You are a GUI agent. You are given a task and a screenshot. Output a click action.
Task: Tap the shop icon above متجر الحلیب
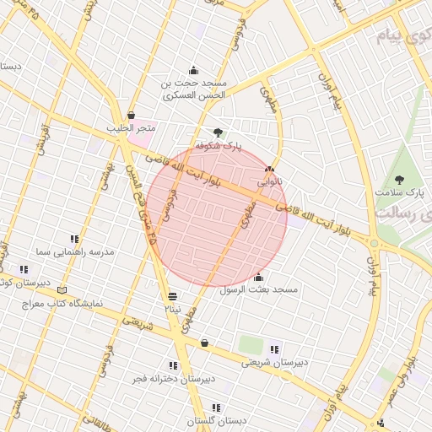click(x=131, y=116)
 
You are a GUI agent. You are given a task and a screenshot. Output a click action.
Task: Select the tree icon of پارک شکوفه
click(x=219, y=132)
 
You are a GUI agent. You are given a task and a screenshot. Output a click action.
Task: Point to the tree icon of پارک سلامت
click(x=399, y=179)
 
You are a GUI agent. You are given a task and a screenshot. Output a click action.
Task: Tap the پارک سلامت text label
click(x=399, y=193)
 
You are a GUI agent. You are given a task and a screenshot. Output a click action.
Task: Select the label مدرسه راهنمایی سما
click(x=75, y=251)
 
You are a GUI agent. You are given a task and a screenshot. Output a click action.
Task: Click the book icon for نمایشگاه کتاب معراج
click(x=61, y=290)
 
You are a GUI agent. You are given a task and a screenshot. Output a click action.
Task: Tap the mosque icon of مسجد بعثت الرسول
click(x=259, y=277)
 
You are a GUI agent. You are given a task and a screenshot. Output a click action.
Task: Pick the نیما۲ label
click(x=173, y=310)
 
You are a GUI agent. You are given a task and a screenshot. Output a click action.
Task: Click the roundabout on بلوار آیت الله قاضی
click(x=374, y=244)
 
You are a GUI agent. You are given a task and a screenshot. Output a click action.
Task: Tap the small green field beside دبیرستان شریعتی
click(x=250, y=344)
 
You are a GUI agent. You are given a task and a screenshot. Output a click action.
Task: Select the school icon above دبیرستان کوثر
click(x=24, y=269)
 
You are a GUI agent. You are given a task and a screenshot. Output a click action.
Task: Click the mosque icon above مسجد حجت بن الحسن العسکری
click(x=195, y=70)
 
